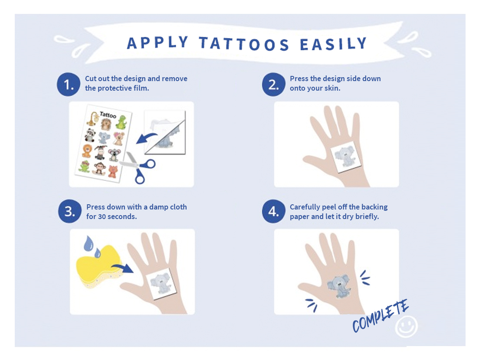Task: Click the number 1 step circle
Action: pos(69,85)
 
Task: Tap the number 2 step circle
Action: pos(273,85)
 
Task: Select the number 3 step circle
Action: pos(70,211)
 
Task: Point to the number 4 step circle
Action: pos(273,211)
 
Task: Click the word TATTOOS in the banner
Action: pos(244,44)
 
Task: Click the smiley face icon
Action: pos(406,327)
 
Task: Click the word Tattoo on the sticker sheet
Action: pos(108,115)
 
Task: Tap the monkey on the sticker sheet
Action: pos(99,168)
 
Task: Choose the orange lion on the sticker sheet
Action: pos(87,151)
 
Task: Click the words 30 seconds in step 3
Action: pos(118,216)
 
